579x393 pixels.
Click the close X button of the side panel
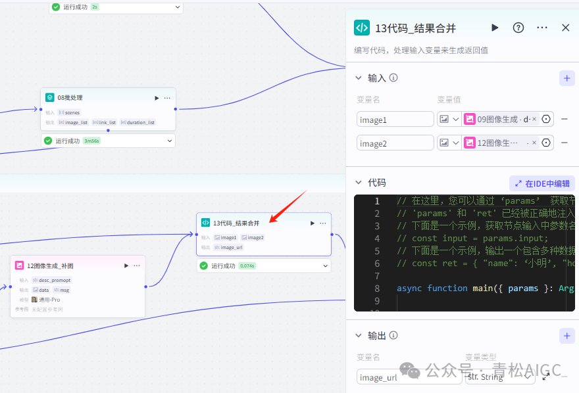click(x=565, y=28)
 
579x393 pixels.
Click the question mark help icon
click(x=518, y=28)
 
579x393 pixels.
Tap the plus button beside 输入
click(x=566, y=78)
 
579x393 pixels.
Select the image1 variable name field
click(x=395, y=119)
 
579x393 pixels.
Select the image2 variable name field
click(x=395, y=143)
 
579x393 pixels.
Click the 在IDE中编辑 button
click(x=542, y=183)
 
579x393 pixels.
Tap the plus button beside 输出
click(x=566, y=336)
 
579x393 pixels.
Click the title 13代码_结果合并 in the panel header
click(x=415, y=28)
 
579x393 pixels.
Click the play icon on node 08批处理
click(x=157, y=98)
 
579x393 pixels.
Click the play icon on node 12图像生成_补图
click(x=126, y=266)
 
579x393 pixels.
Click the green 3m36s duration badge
click(x=91, y=141)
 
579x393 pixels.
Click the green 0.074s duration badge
click(x=247, y=266)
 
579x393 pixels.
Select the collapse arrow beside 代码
click(x=359, y=183)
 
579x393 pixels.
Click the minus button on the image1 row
click(x=565, y=119)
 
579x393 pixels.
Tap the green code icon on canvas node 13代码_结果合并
click(x=206, y=223)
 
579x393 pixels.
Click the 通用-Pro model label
click(x=49, y=300)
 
